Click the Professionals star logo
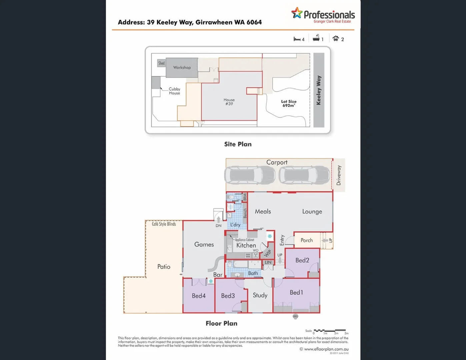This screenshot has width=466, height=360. (x=297, y=13)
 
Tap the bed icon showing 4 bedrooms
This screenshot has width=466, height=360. (x=297, y=39)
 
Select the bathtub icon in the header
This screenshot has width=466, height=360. (x=316, y=38)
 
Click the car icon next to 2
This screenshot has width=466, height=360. (x=336, y=39)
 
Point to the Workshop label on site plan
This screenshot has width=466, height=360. (x=182, y=67)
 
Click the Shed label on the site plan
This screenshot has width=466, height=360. (x=161, y=63)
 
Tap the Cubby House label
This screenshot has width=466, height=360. (x=174, y=91)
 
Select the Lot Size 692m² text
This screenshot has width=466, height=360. (x=289, y=103)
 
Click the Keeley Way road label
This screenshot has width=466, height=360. (x=319, y=90)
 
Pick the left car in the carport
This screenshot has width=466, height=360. (x=250, y=175)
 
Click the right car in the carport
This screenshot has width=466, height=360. (x=304, y=175)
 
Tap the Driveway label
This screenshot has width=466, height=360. (x=339, y=175)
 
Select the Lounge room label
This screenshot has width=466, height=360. (x=312, y=212)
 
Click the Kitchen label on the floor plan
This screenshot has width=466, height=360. (x=246, y=246)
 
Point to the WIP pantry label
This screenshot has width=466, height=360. (x=267, y=254)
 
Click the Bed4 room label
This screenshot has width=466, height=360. (x=199, y=296)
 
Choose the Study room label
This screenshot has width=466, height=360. (x=260, y=295)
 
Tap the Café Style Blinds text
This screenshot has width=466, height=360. (x=164, y=224)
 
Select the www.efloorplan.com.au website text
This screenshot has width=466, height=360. (x=326, y=349)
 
